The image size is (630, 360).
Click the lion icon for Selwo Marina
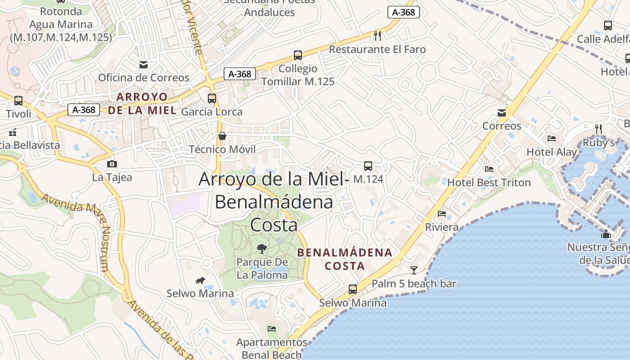(200, 281)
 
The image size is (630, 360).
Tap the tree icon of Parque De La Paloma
(261, 248)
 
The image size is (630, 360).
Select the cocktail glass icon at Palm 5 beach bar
(414, 270)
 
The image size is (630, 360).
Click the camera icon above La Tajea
(112, 164)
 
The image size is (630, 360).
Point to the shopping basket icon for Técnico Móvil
(222, 136)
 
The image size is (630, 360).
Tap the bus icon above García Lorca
(212, 98)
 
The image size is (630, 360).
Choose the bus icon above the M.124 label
(368, 166)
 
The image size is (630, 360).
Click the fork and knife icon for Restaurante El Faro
(378, 36)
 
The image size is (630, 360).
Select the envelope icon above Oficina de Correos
(144, 64)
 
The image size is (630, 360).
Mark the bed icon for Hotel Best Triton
(489, 169)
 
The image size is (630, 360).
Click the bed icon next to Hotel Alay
(552, 139)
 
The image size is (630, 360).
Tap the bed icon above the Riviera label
(442, 213)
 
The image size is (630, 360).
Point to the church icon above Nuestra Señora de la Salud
(606, 234)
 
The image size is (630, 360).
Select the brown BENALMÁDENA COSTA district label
(345, 259)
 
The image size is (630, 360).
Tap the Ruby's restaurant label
(598, 143)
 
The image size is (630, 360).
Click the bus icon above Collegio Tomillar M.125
(298, 55)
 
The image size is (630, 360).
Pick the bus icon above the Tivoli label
(18, 101)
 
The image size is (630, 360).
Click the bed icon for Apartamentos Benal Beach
(272, 328)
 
